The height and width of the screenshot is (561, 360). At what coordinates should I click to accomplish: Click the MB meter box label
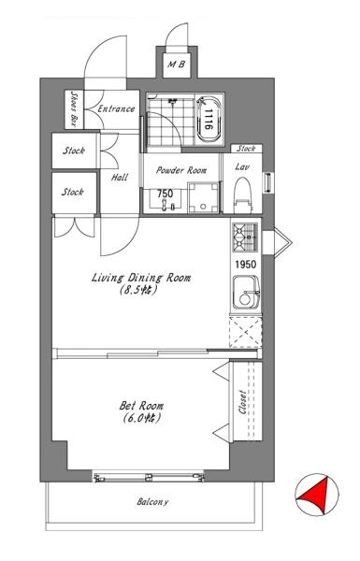click(177, 65)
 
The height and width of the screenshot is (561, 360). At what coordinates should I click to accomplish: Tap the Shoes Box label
click(74, 109)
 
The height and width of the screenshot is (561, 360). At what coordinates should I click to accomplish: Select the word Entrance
click(116, 108)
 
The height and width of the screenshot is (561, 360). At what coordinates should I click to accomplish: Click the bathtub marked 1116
click(209, 120)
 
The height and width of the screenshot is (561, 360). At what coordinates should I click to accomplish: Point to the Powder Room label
click(181, 170)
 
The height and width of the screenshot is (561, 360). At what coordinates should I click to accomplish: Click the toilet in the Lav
click(243, 195)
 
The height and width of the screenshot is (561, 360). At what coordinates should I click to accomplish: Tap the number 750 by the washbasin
click(165, 194)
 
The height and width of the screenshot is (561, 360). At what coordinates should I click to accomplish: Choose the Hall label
click(120, 177)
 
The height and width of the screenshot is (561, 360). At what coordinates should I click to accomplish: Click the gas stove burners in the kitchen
click(245, 237)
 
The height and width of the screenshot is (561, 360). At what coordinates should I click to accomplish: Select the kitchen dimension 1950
click(246, 265)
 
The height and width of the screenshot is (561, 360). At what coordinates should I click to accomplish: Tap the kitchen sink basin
click(246, 293)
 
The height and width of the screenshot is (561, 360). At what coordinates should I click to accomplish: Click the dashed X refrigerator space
click(246, 332)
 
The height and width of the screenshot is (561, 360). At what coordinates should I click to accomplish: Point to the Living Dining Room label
click(141, 278)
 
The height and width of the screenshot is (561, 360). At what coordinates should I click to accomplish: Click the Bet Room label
click(141, 406)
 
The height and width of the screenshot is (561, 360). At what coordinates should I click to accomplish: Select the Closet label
click(242, 402)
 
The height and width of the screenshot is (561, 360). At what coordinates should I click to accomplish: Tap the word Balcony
click(152, 502)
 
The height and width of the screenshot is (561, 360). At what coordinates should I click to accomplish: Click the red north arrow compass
click(317, 495)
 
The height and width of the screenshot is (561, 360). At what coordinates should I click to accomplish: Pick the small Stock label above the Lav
click(246, 148)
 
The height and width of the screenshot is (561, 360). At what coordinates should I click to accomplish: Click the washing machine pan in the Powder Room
click(203, 198)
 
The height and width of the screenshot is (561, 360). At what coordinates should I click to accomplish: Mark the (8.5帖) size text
click(138, 290)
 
